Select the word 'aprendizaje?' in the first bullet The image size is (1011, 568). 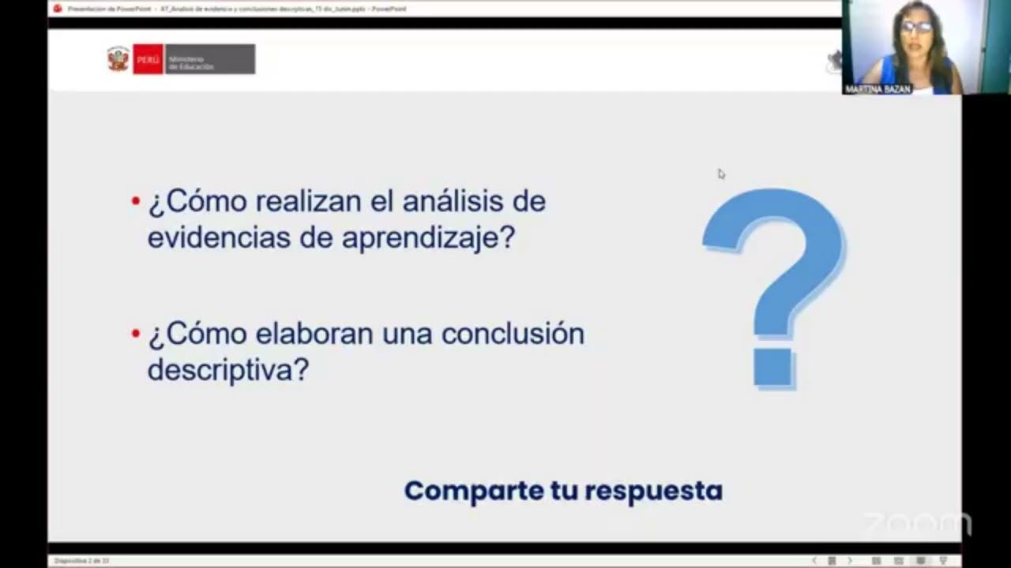[428, 237]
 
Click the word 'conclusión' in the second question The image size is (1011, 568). [513, 334]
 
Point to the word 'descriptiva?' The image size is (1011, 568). [227, 369]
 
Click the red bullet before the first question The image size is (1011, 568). [136, 201]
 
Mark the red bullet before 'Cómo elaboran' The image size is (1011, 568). [136, 334]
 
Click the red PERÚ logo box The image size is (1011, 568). [148, 59]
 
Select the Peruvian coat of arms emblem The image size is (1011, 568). [118, 59]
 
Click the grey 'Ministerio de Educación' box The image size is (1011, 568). [209, 59]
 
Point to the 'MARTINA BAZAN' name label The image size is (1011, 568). [878, 89]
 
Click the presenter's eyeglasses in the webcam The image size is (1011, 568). [916, 27]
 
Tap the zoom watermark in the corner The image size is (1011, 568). [916, 523]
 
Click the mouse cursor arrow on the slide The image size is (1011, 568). [720, 174]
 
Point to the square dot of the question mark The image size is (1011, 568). [773, 368]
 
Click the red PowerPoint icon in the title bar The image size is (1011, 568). [57, 9]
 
